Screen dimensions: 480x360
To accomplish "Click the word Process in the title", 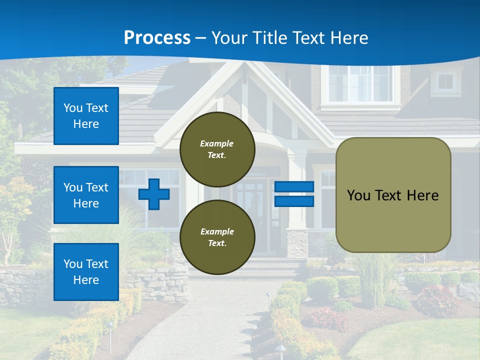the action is [x=157, y=38].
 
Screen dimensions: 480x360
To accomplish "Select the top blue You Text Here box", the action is [x=86, y=116].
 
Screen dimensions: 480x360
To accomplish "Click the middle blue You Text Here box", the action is [x=86, y=195].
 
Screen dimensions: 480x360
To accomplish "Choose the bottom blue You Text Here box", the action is [x=86, y=271].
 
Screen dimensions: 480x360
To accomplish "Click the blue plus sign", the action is [x=154, y=194].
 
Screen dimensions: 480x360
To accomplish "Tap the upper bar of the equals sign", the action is [x=294, y=186].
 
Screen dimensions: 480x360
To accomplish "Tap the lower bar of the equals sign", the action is [x=294, y=201].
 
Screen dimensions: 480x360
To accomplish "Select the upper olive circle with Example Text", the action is [x=217, y=149].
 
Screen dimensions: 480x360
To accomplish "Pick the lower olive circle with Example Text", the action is [x=217, y=237].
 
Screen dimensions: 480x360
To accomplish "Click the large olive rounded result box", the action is [x=393, y=195].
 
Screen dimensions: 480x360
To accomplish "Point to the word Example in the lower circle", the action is [x=217, y=231].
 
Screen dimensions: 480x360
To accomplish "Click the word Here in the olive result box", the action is [x=422, y=195].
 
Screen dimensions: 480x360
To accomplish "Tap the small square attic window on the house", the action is [x=445, y=81].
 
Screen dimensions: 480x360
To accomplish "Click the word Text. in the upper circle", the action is [x=217, y=155].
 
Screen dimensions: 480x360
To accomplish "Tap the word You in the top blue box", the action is [x=72, y=108].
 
